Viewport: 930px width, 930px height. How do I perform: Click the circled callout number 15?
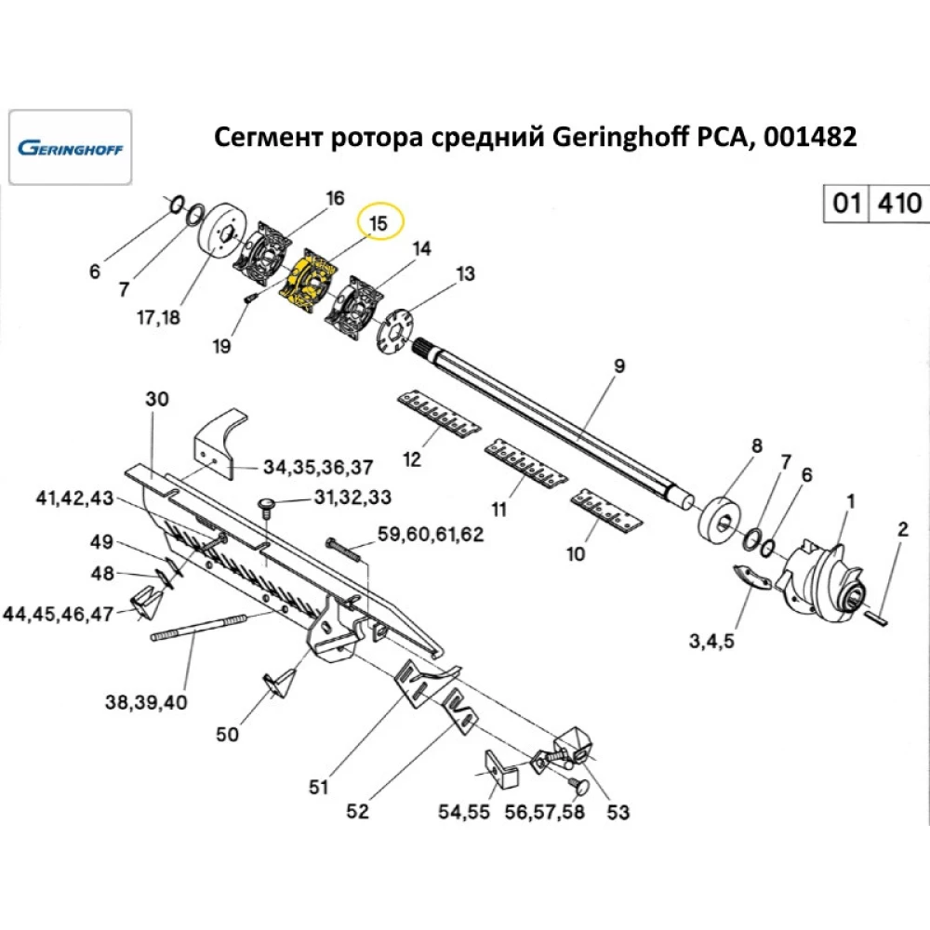pos(379,223)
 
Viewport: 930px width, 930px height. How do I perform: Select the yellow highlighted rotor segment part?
pos(311,281)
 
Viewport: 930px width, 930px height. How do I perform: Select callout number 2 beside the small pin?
pos(901,531)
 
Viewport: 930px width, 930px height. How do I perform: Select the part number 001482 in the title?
pos(808,138)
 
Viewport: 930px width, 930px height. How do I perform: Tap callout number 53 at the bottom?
pos(618,812)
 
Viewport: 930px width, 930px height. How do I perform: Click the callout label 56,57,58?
pos(545,812)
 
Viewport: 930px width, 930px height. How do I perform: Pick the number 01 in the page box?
pos(845,203)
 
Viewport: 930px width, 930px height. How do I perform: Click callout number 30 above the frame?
pos(158,399)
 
